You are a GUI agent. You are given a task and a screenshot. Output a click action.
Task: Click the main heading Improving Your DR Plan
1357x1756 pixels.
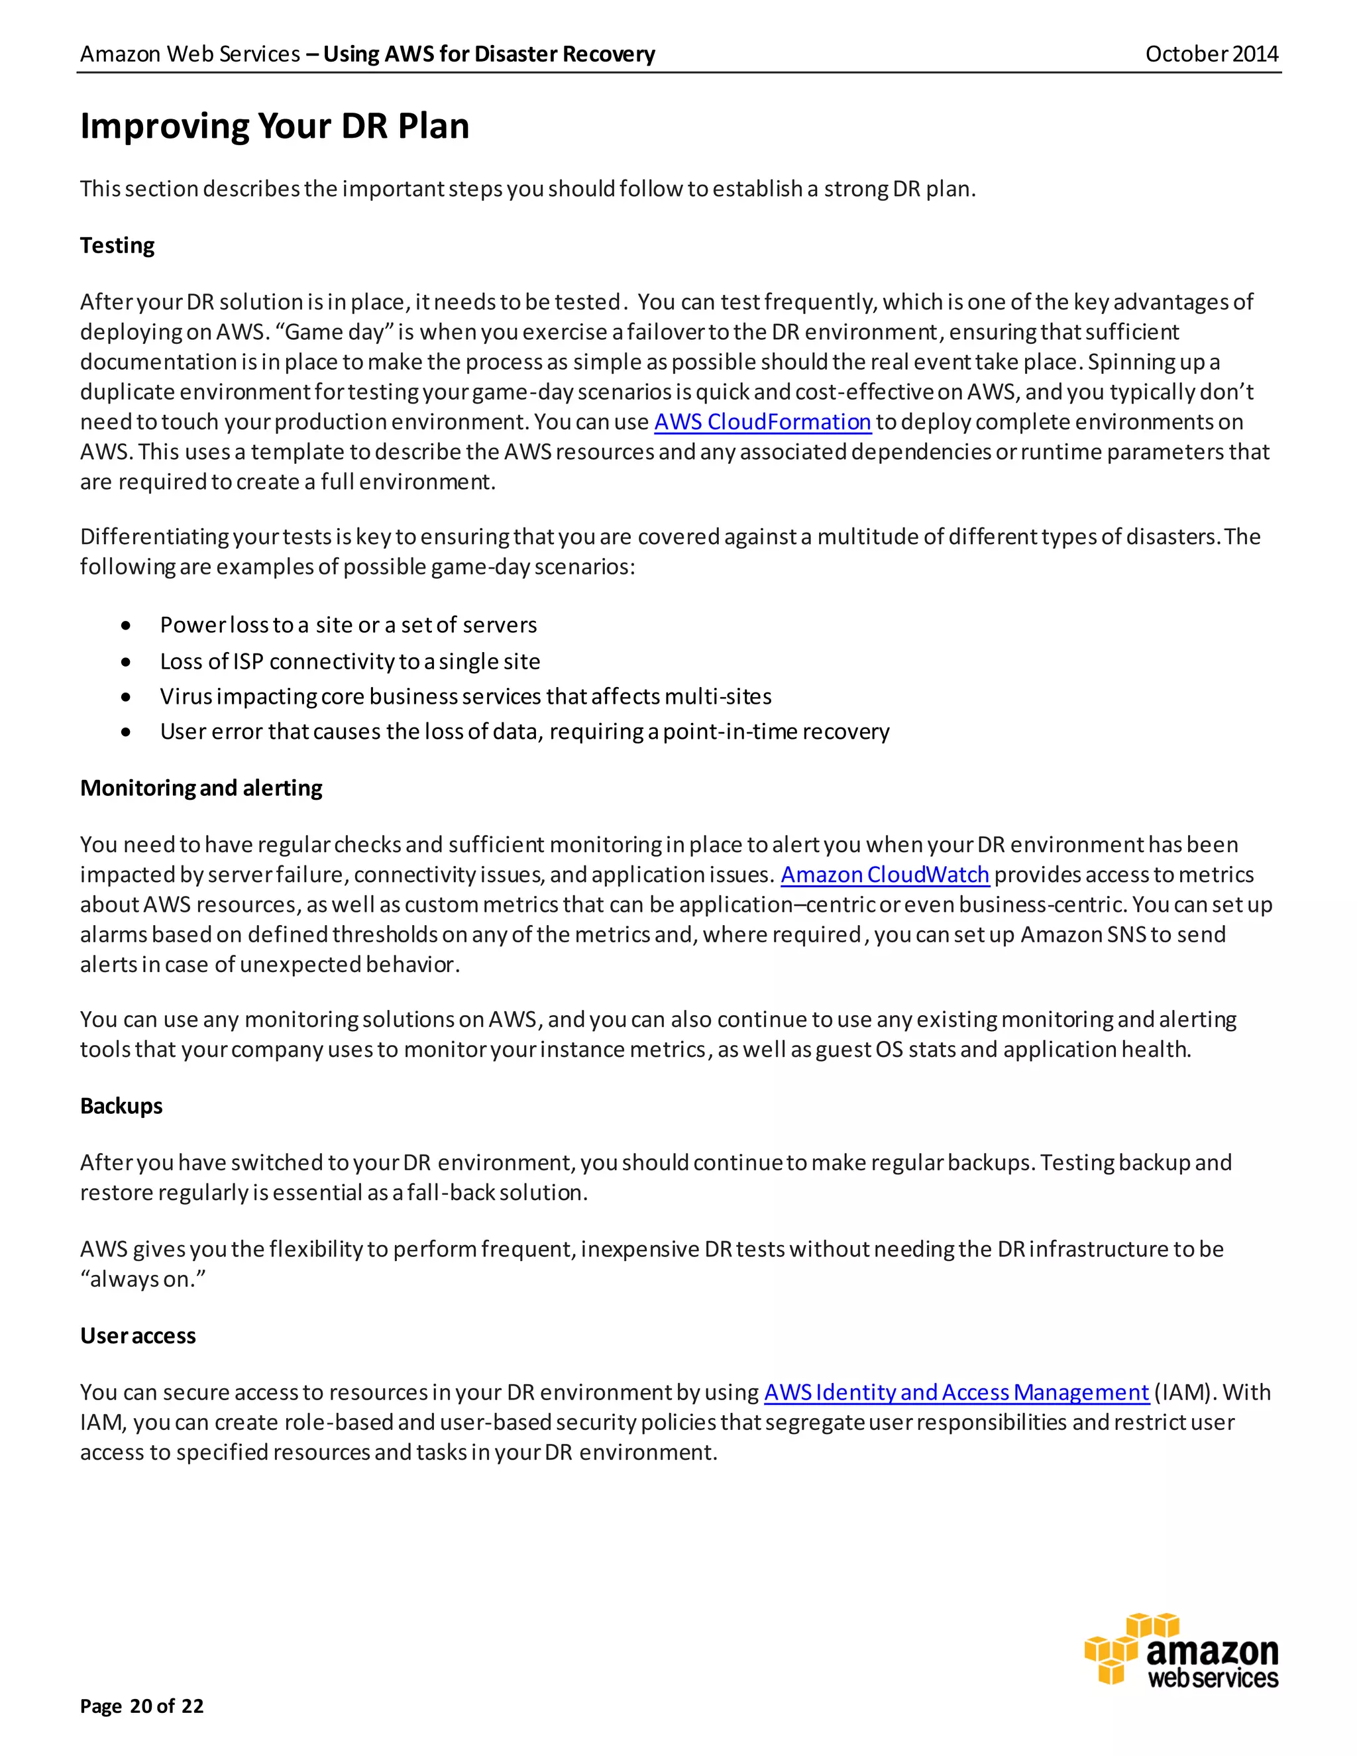pos(274,126)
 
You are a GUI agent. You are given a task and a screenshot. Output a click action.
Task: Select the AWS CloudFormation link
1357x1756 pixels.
pos(762,422)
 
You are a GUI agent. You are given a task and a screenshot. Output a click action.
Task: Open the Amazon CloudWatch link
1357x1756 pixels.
pos(885,875)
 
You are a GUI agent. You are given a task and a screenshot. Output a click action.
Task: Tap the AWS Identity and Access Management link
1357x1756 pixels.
pos(956,1393)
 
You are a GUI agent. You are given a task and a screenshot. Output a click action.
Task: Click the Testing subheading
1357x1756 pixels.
pos(117,245)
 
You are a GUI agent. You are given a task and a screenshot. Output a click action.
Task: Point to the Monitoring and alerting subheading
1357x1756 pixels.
pos(201,788)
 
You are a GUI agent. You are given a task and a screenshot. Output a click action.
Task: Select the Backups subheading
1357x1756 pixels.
pos(121,1107)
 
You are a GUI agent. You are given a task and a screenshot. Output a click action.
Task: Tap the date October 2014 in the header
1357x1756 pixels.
pos(1211,54)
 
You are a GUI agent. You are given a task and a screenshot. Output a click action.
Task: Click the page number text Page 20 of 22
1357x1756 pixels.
pos(142,1706)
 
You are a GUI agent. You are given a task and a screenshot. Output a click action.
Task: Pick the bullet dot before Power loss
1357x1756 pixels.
pos(126,626)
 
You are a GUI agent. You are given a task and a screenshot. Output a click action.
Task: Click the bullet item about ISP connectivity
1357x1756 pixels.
pos(350,662)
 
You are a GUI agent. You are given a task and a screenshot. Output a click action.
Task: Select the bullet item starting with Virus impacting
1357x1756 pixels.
pos(465,696)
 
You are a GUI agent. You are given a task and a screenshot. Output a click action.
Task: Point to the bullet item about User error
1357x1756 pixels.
pos(524,732)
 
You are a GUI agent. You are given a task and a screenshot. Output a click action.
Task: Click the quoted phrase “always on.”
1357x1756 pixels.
pos(143,1279)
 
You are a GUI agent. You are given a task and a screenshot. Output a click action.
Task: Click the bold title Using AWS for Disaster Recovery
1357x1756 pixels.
pos(489,54)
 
